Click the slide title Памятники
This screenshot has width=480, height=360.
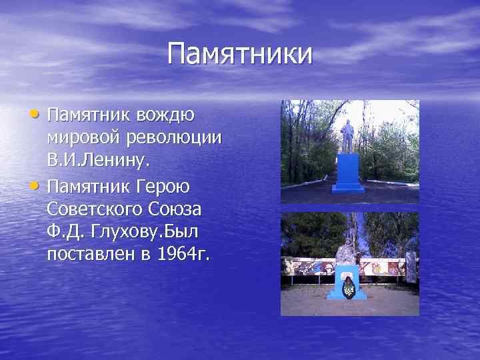pyautogui.click(x=239, y=54)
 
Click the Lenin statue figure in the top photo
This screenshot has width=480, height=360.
pyautogui.click(x=347, y=137)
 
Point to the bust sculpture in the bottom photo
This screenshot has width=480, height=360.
pyautogui.click(x=345, y=252)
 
